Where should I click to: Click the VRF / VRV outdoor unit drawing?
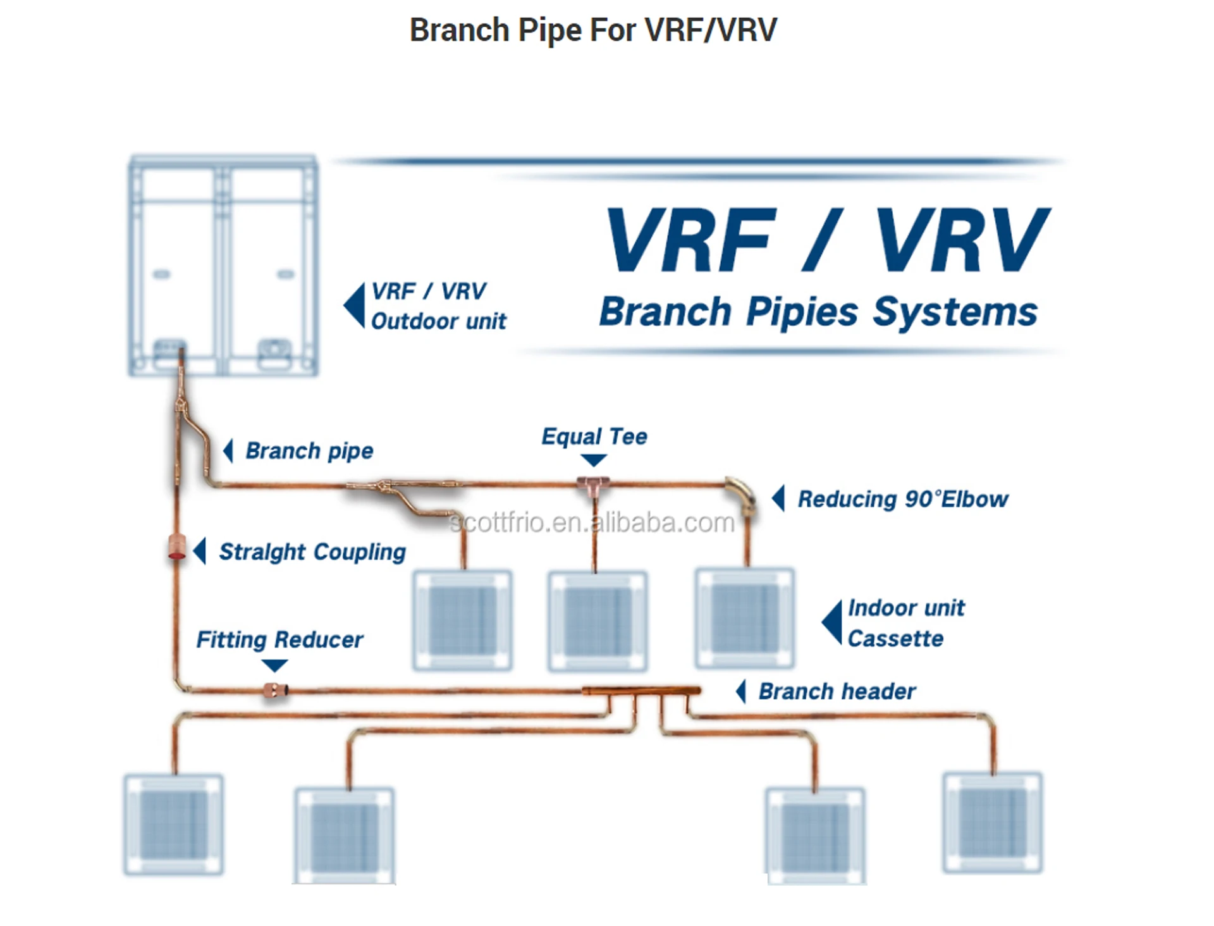point(223,266)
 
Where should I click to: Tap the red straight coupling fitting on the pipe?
point(176,547)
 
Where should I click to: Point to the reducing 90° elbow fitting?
point(740,493)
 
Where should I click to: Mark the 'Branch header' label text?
point(837,691)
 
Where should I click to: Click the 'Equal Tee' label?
point(594,436)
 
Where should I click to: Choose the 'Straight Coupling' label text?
point(312,552)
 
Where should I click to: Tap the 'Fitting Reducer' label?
point(279,639)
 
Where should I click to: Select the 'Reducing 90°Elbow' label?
point(902,499)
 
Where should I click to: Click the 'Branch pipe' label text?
point(309,451)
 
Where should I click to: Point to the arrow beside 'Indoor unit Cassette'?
point(832,622)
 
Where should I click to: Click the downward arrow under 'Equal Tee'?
point(594,460)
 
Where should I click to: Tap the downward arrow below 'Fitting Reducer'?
point(274,665)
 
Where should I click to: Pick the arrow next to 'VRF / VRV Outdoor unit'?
point(355,306)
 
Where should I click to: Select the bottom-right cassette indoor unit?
point(992,822)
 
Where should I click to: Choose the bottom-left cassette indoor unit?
point(174,824)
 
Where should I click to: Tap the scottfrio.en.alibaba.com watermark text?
point(592,523)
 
